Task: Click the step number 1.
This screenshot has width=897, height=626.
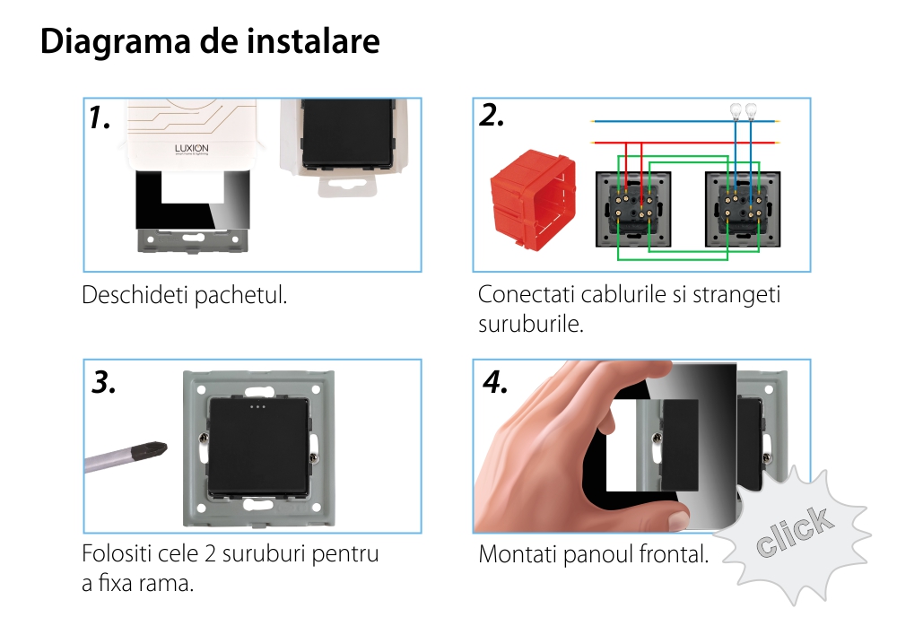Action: (100, 117)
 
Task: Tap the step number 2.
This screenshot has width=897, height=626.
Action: (492, 116)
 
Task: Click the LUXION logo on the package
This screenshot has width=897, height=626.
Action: (189, 151)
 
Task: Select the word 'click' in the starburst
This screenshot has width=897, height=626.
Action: (794, 530)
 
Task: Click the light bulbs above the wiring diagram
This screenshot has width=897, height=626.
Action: (743, 110)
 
